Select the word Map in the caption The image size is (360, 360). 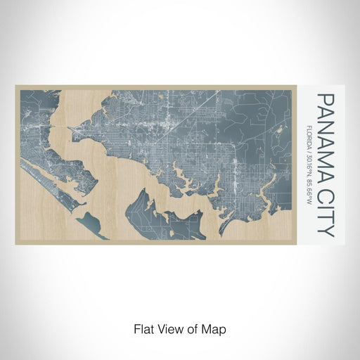click(215, 328)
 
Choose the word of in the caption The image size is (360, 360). click(193, 328)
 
